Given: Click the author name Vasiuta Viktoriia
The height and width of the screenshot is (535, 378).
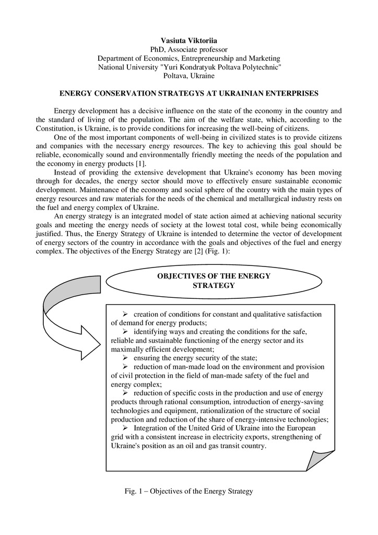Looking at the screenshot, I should coord(188,40).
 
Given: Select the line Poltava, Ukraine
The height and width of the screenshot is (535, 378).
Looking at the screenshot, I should coord(188,76).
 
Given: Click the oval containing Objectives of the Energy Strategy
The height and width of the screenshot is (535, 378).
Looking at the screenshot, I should coord(214,281).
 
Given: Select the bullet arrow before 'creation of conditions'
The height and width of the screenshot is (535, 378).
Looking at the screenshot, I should coord(126,314).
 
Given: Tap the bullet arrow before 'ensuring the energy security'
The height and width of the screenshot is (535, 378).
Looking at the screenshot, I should coord(126,358).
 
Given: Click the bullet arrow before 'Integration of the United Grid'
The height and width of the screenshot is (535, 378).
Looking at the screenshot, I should coord(126,428).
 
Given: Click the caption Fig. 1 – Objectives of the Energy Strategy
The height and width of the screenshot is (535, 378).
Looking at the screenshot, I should coord(188,491).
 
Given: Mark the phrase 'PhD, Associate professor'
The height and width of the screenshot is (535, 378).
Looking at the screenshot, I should coord(188,49).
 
